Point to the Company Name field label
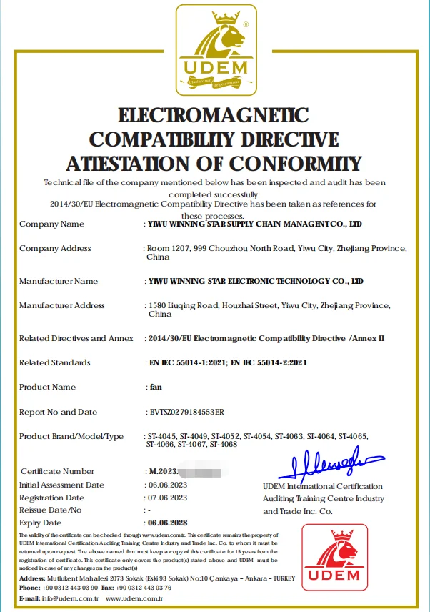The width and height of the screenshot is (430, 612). coord(51,224)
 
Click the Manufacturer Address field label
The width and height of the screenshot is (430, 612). coord(62,305)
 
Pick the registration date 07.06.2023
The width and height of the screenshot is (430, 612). coord(167,497)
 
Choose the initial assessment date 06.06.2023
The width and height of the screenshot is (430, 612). coord(167,484)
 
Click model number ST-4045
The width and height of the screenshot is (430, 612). coord(161,435)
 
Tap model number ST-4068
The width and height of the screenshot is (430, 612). coord(224,444)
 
